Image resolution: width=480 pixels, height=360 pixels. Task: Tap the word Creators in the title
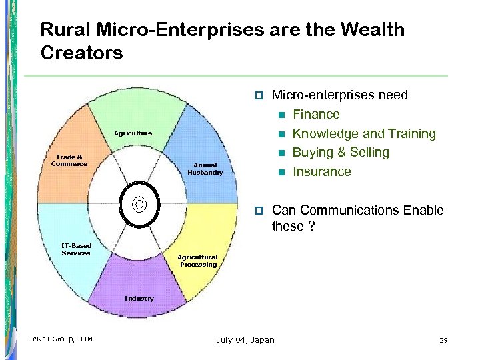pos(82,53)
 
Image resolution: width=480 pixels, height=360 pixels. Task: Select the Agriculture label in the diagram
pos(133,133)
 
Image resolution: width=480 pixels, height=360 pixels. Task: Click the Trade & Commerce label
pos(69,161)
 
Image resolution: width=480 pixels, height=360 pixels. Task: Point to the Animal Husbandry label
pos(205,169)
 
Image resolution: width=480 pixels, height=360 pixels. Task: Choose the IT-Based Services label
pos(76,249)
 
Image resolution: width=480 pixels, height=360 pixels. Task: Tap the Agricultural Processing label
pos(197,261)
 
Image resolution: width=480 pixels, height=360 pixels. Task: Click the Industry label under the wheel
pos(139,298)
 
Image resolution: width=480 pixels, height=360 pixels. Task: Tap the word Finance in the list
pos(316,114)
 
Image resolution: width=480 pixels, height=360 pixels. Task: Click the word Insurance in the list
pos(321,171)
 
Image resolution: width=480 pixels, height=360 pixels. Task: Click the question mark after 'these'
pos(311,226)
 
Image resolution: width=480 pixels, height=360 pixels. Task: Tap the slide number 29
pos(443,340)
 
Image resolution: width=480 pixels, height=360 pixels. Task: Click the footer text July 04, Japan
pos(245,340)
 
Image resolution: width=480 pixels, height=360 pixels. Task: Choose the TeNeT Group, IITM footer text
pos(61,340)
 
